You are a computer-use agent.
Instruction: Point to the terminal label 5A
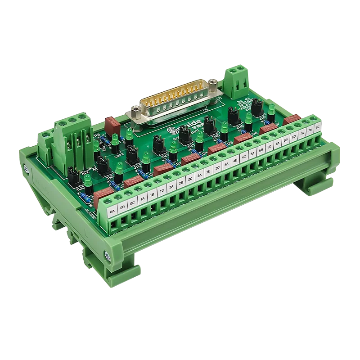tap(252, 153)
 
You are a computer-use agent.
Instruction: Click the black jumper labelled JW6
tap(234, 116)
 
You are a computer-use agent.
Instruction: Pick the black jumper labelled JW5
tap(209, 125)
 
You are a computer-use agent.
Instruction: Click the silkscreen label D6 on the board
tap(255, 134)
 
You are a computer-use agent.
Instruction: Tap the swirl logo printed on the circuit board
tap(173, 130)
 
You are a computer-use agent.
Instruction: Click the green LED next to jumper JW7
tap(272, 108)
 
